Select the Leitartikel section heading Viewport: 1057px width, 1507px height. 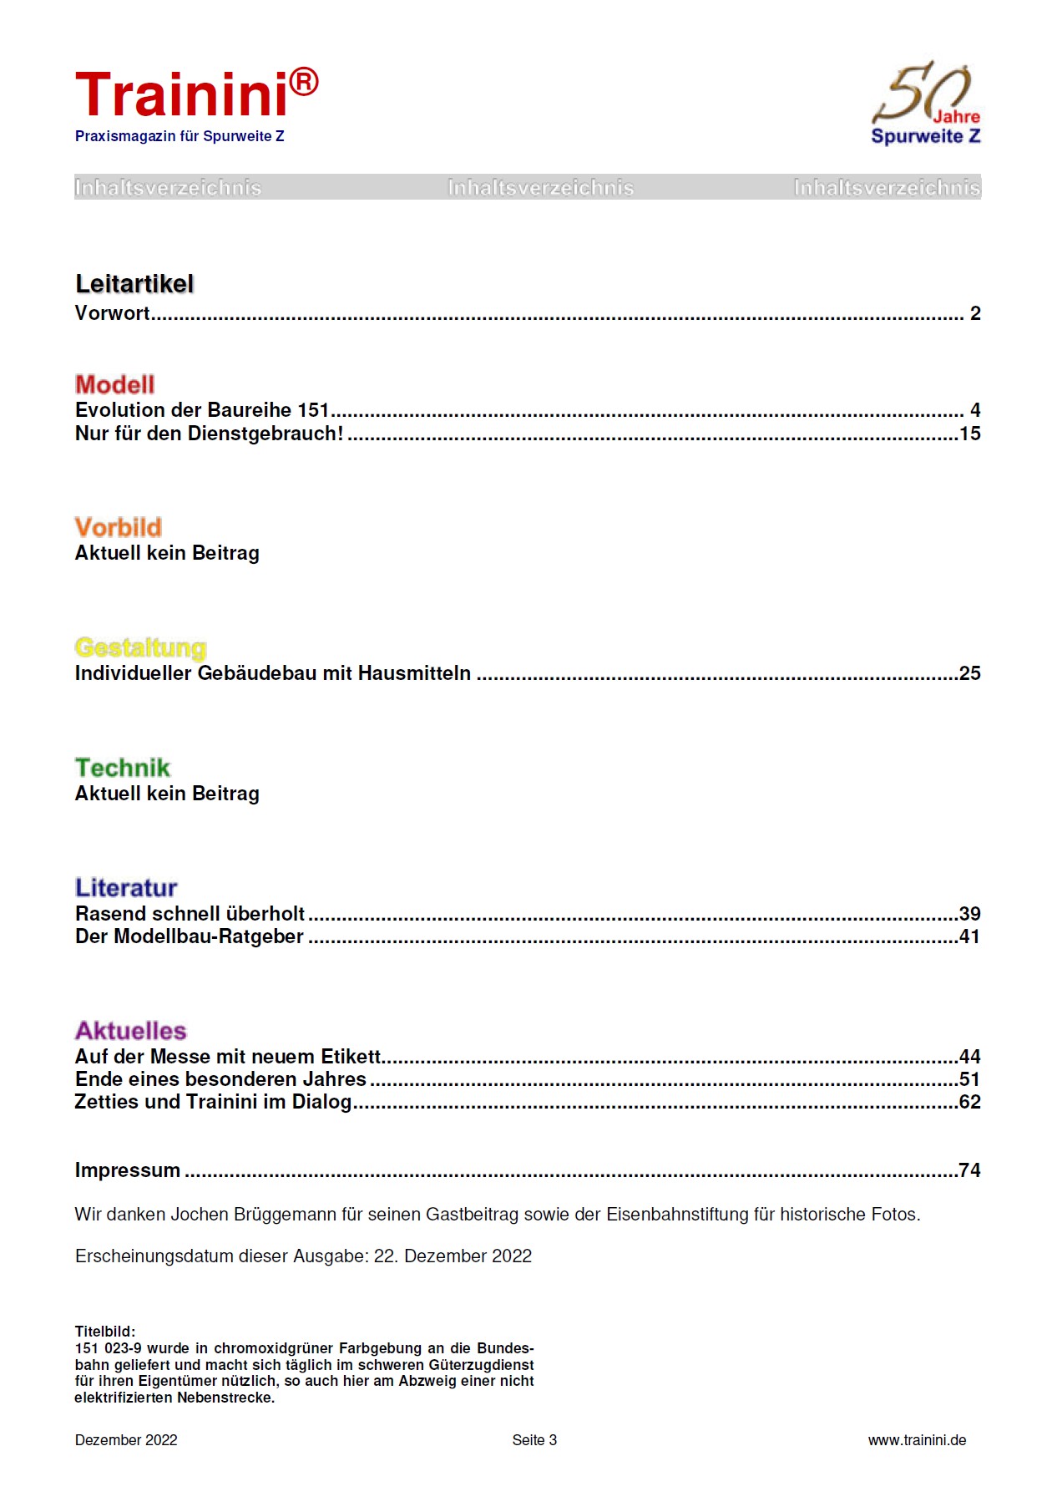point(134,284)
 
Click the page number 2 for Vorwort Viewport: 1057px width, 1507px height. point(974,313)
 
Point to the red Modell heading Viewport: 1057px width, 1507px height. point(114,384)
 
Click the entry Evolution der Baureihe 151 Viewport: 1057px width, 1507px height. point(202,410)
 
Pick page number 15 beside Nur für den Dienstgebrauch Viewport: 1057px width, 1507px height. point(969,434)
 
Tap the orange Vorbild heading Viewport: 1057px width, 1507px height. point(118,527)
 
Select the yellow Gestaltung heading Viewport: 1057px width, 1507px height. point(140,647)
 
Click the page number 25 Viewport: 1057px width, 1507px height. point(969,673)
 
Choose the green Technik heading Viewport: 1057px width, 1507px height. point(122,768)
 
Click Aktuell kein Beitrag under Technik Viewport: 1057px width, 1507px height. point(167,794)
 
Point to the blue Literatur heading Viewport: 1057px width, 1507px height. point(126,887)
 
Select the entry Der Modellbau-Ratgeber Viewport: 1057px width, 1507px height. point(190,936)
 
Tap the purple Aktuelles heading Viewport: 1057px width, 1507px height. point(131,1030)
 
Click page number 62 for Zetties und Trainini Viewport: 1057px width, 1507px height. point(969,1102)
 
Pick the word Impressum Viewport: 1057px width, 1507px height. point(128,1170)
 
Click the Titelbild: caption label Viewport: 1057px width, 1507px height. point(105,1332)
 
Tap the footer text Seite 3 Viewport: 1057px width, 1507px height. point(534,1440)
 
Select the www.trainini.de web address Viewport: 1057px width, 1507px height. point(917,1440)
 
